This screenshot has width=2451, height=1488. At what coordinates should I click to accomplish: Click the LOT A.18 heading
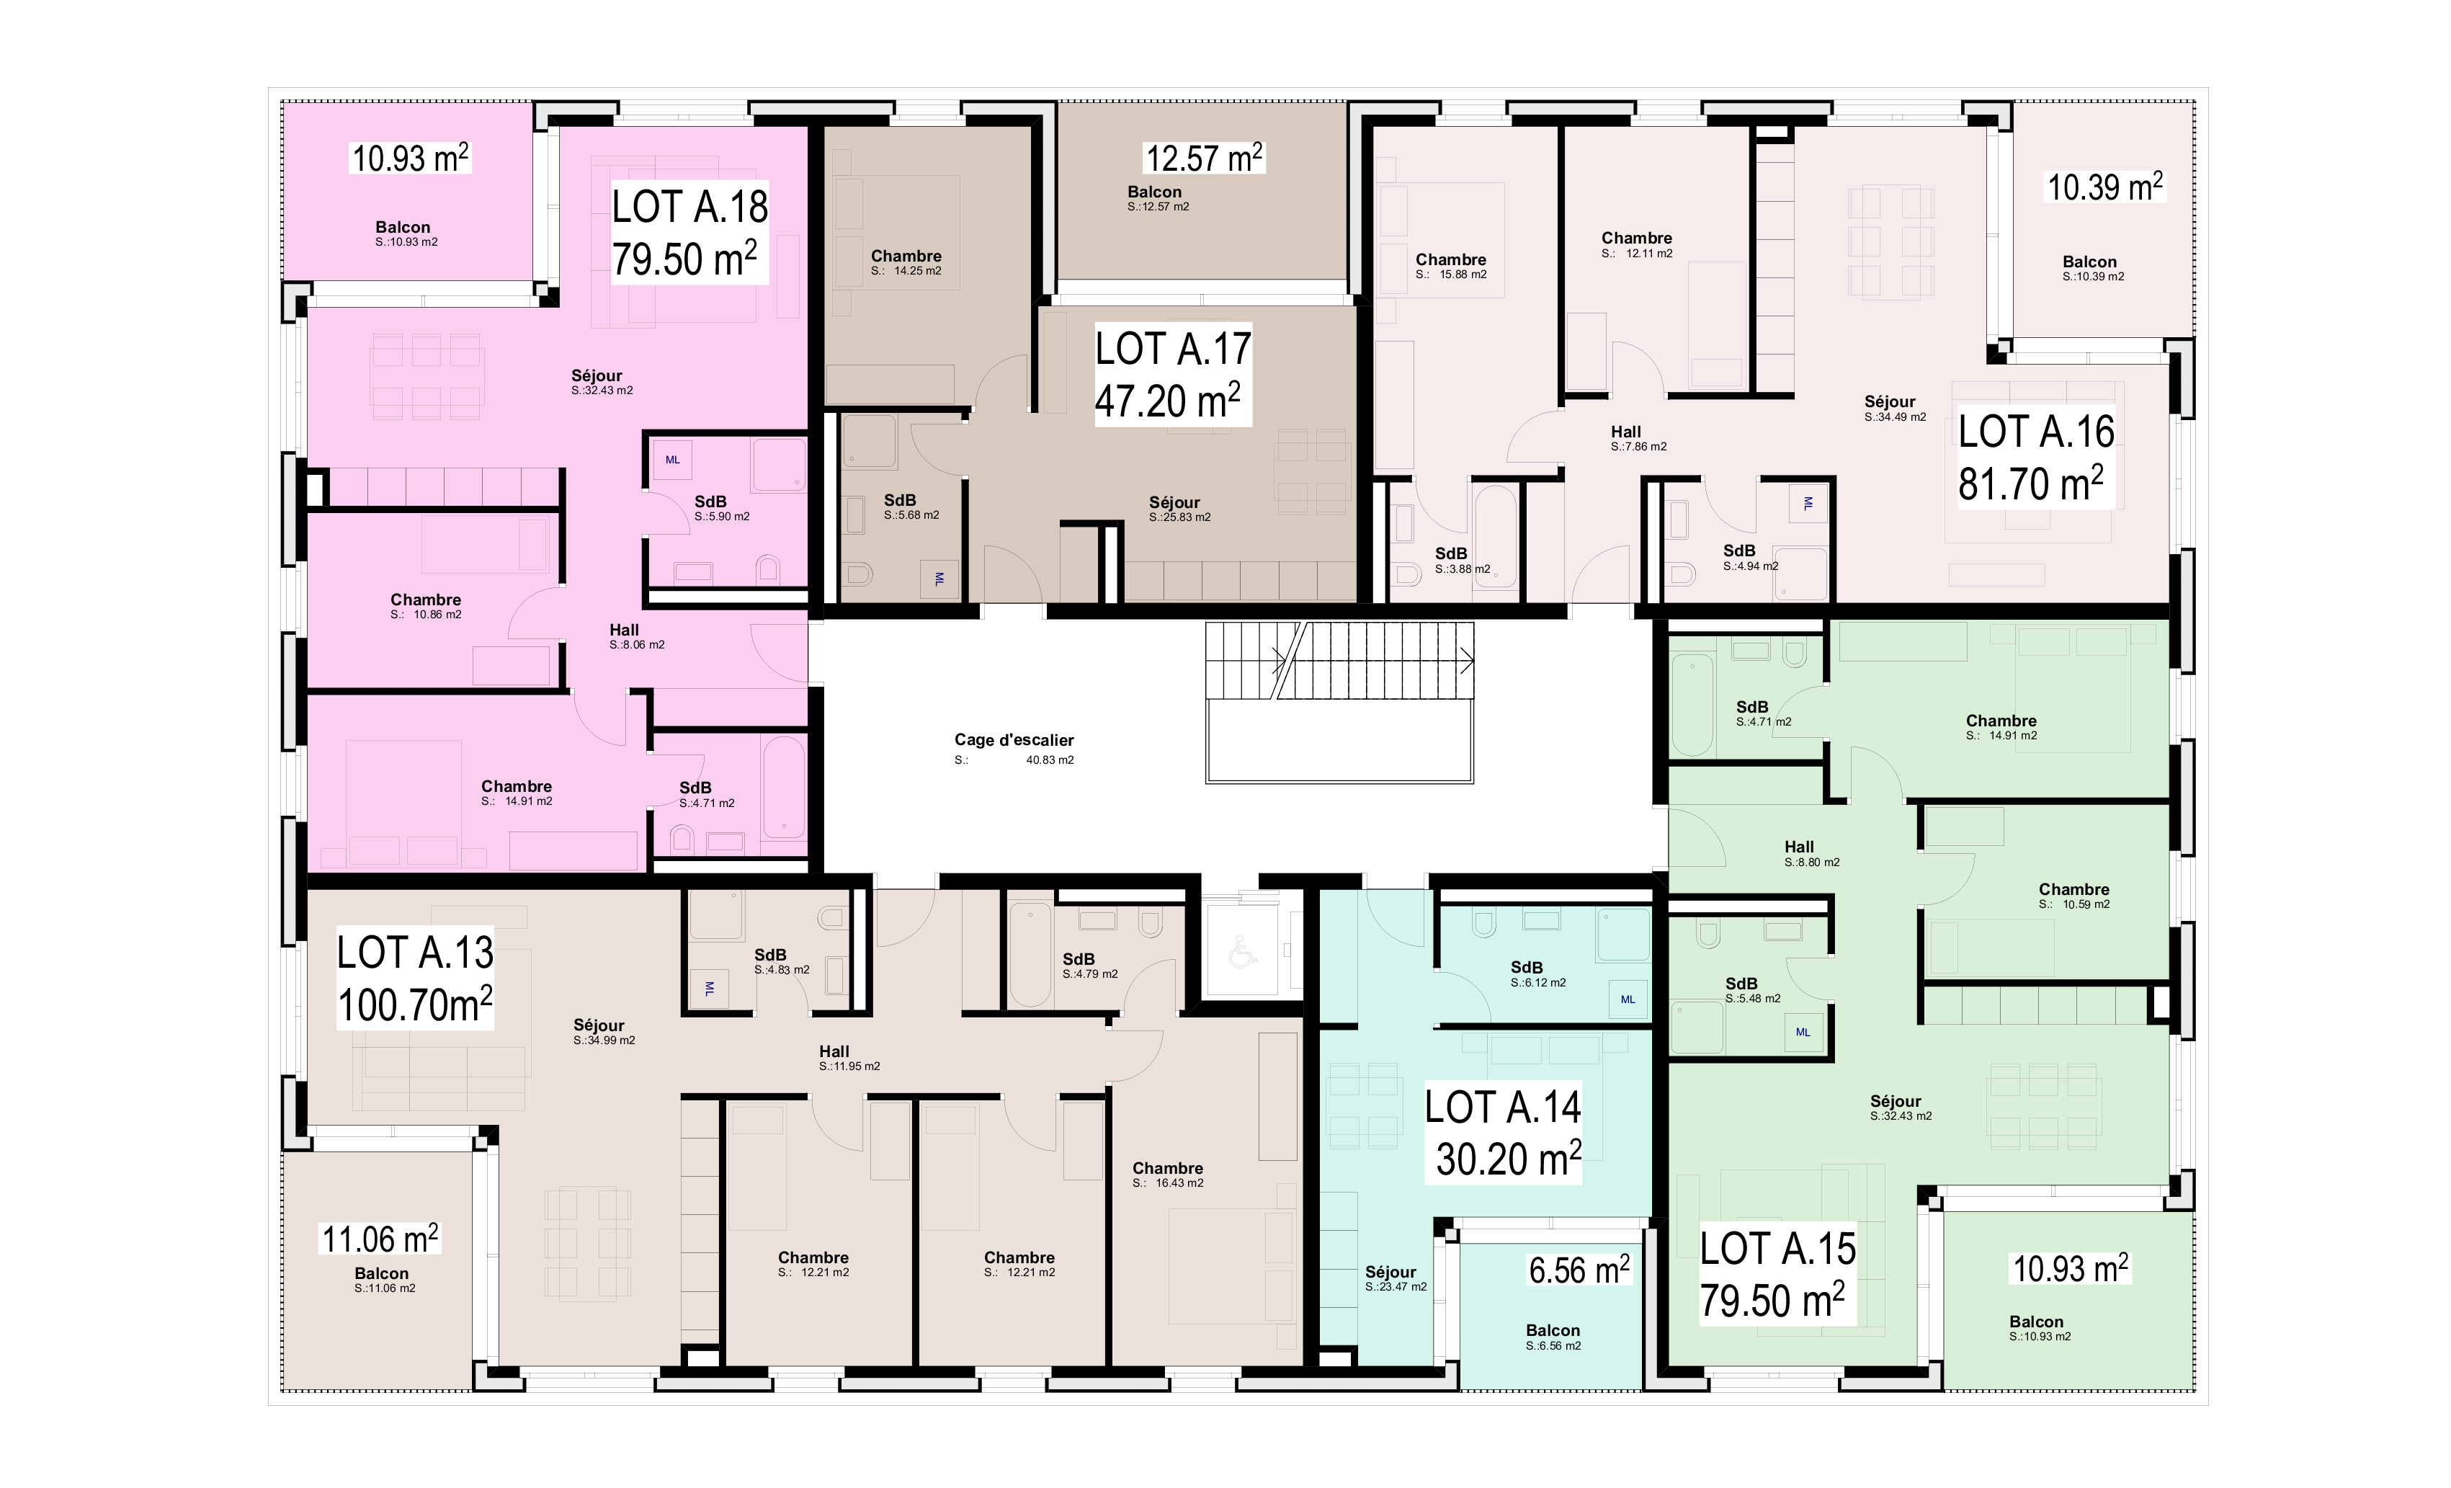pyautogui.click(x=689, y=207)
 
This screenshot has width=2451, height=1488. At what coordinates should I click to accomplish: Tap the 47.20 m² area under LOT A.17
pyautogui.click(x=1168, y=401)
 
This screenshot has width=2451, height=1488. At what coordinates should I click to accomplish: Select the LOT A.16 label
pyautogui.click(x=2036, y=432)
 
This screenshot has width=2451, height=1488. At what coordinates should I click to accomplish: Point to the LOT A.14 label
pyautogui.click(x=1502, y=1107)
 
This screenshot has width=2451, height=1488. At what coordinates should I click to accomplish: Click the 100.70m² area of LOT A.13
pyautogui.click(x=415, y=1004)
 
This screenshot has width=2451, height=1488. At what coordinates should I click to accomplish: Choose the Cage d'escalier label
pyautogui.click(x=1014, y=740)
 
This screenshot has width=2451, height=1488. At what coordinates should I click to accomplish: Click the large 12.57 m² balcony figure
pyautogui.click(x=1204, y=158)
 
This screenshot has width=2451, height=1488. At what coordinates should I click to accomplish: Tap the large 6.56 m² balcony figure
pyautogui.click(x=1579, y=1270)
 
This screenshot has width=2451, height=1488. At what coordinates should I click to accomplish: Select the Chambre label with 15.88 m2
pyautogui.click(x=1450, y=259)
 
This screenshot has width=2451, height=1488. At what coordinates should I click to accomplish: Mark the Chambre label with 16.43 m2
pyautogui.click(x=1167, y=1169)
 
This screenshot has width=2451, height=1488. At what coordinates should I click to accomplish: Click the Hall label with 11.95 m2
pyautogui.click(x=834, y=1051)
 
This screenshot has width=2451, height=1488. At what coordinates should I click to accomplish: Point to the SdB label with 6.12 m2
pyautogui.click(x=1526, y=967)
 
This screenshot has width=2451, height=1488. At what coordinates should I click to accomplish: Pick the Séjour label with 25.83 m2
pyautogui.click(x=1174, y=502)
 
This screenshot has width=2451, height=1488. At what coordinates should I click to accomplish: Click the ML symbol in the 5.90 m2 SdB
pyautogui.click(x=672, y=460)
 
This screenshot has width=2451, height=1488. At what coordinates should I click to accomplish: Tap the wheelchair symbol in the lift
pyautogui.click(x=1241, y=952)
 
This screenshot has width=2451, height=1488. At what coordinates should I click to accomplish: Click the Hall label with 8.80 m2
pyautogui.click(x=1798, y=847)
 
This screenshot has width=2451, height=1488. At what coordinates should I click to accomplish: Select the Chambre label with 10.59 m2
pyautogui.click(x=2073, y=889)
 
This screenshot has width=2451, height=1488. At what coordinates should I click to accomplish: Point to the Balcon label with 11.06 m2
pyautogui.click(x=381, y=1273)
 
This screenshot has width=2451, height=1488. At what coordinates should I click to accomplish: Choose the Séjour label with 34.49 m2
pyautogui.click(x=1889, y=402)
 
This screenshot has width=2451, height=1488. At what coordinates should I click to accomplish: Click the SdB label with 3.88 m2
pyautogui.click(x=1450, y=554)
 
